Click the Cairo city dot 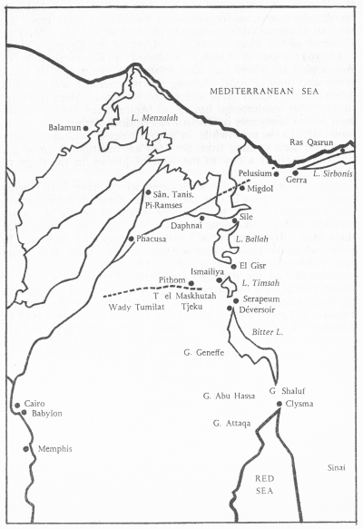point(16,406)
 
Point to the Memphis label point(53,449)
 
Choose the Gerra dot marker point(295,172)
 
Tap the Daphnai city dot point(201,218)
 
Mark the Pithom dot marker point(191,283)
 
